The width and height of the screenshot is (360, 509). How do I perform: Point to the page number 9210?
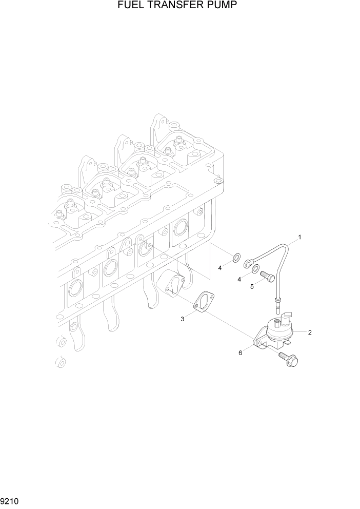coord(10,501)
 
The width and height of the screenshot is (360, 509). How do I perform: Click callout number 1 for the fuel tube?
coord(299,237)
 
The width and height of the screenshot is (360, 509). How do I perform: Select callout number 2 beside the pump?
coord(310,332)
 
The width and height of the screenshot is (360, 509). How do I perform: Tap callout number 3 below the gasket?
coord(182,320)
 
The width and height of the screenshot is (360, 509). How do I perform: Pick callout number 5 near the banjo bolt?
coord(252,286)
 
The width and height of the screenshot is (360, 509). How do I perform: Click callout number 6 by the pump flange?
coord(241,353)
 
